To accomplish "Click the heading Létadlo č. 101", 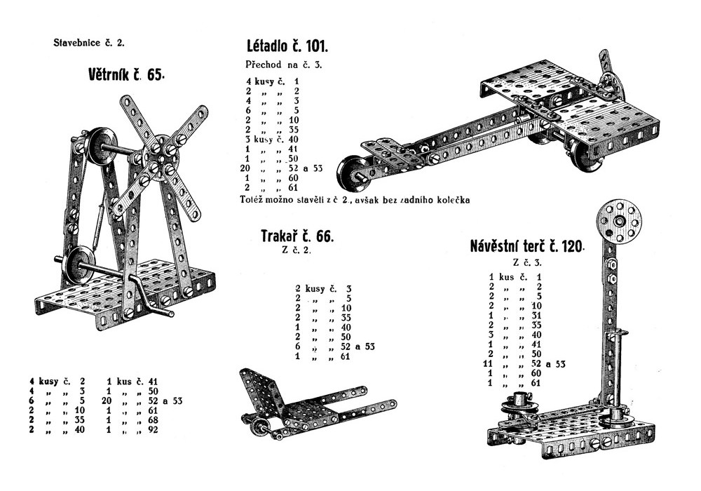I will click(287, 48).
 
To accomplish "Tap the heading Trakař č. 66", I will click(297, 236).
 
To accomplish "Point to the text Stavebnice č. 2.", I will click(89, 43).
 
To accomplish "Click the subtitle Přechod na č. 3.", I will click(283, 65).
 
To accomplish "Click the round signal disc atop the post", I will click(620, 220).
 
